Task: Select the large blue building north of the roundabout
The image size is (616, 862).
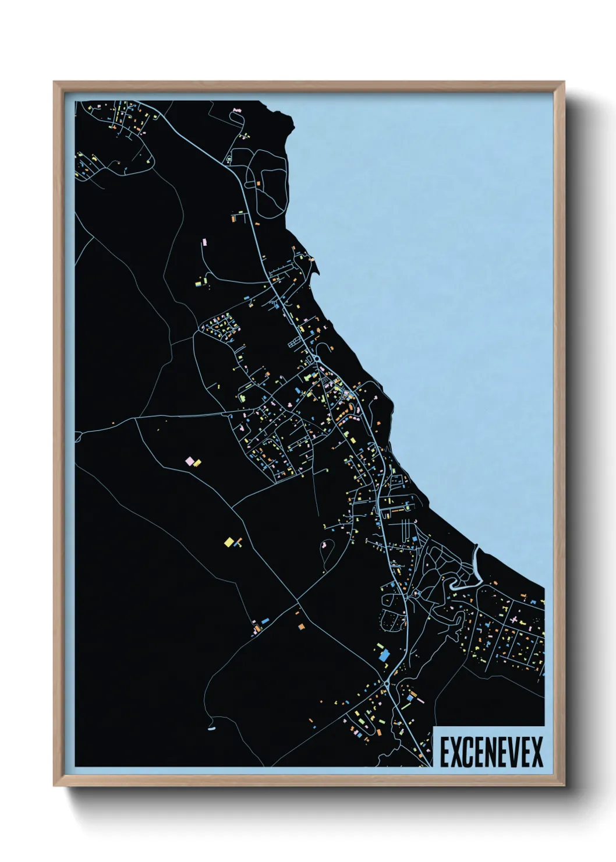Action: [x=384, y=656]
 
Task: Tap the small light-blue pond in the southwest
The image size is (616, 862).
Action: [x=211, y=728]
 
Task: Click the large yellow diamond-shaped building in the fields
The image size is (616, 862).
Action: [x=229, y=542]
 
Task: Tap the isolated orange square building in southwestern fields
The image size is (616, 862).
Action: [x=302, y=626]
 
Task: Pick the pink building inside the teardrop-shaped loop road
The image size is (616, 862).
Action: [x=323, y=546]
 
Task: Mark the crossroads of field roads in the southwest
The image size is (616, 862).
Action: [x=298, y=600]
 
